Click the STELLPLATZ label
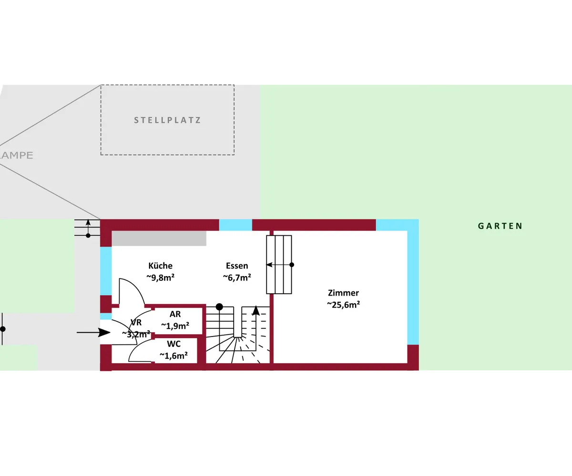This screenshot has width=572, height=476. tap(167, 120)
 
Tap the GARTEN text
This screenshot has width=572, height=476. tap(500, 226)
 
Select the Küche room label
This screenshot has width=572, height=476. tap(161, 266)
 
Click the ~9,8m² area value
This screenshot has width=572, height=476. tap(161, 278)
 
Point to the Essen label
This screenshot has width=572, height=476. tap(237, 266)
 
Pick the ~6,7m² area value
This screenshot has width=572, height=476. tap(237, 278)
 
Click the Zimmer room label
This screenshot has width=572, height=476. tap(343, 293)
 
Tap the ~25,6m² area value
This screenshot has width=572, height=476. tap(343, 305)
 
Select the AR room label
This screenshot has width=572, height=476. tap(175, 314)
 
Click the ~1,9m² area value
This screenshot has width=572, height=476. tap(175, 326)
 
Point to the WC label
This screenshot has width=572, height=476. tap(174, 344)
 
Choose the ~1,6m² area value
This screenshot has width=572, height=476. tap(174, 356)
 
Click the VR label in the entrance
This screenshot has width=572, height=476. tap(136, 323)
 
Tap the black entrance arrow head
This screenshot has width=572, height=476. tap(104, 333)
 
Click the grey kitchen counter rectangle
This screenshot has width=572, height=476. tap(159, 238)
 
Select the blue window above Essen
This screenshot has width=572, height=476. tap(235, 225)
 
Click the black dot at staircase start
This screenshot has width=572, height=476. tap(219, 307)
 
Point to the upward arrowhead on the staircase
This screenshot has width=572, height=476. tap(256, 310)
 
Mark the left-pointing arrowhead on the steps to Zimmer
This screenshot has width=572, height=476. tap(269, 265)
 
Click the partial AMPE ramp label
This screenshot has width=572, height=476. tap(16, 155)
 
